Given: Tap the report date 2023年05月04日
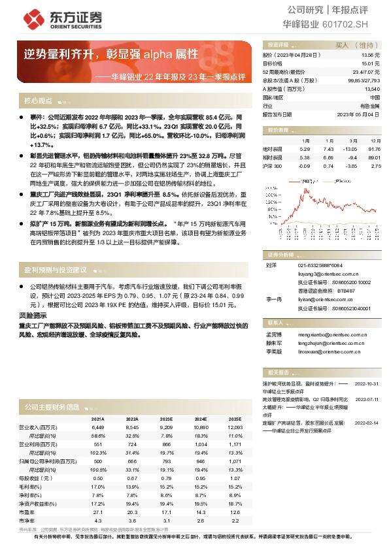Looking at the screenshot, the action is [x=358, y=114].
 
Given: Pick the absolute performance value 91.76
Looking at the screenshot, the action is [x=375, y=150].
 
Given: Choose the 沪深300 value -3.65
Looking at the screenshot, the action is [x=353, y=166].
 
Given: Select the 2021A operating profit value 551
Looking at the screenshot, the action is [x=97, y=444].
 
